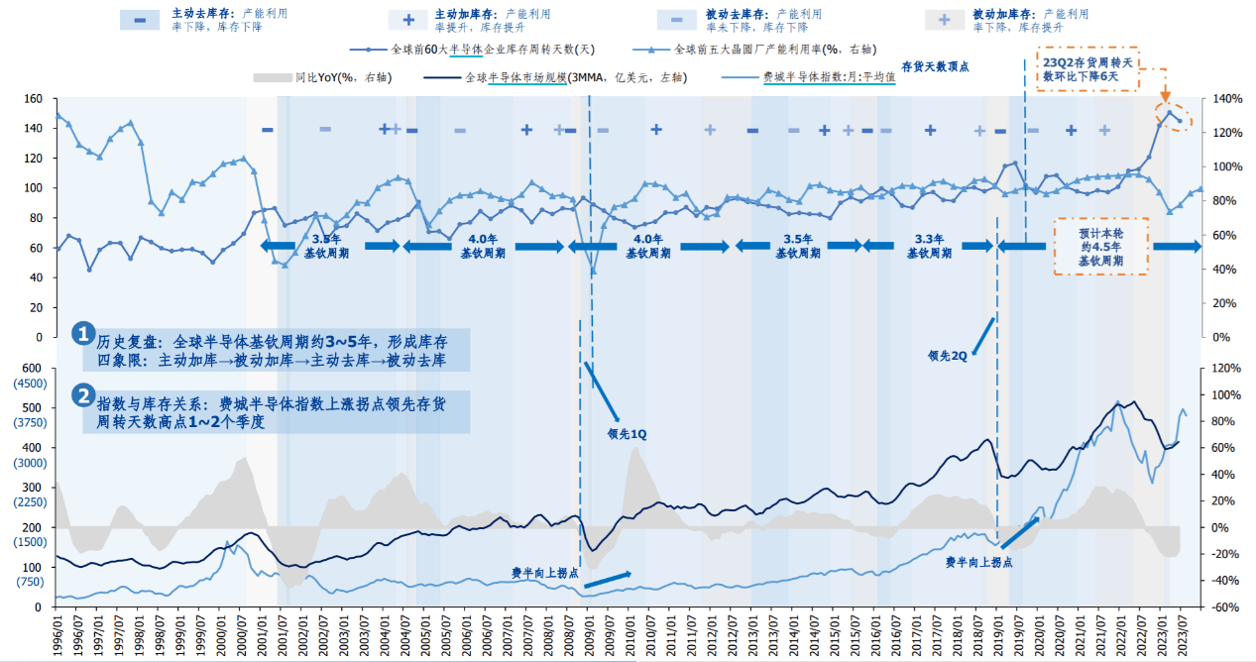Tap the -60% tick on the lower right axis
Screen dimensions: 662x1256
coord(1218,607)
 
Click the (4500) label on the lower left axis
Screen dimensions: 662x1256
coord(29,384)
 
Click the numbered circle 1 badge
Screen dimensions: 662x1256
coord(84,334)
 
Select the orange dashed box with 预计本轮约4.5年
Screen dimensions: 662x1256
coord(1100,247)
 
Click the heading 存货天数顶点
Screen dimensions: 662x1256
coord(935,66)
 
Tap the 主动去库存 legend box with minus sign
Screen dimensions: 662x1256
coord(141,20)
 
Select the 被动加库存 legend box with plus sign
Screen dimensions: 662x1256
coord(945,20)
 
